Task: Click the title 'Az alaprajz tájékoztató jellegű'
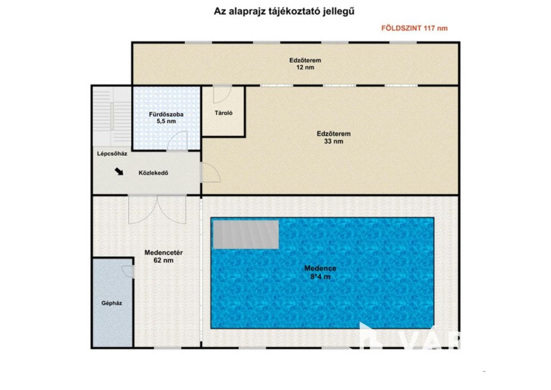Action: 284,11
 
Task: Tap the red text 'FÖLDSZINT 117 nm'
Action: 414,28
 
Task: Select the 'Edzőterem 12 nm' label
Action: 305,64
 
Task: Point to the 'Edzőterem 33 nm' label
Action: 334,137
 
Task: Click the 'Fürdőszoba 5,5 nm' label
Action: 166,118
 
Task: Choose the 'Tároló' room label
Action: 223,113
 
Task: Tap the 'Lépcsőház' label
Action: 112,154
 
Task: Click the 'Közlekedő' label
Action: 153,173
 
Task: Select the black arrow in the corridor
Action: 119,171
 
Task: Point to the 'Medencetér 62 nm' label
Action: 164,256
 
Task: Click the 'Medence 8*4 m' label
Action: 320,272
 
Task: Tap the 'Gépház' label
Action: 112,303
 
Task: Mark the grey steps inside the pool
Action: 246,234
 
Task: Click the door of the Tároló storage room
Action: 222,94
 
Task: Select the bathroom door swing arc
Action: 178,141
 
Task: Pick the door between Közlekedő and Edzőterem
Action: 210,172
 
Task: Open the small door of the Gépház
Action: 128,271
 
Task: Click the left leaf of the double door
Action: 142,210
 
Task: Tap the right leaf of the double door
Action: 172,210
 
